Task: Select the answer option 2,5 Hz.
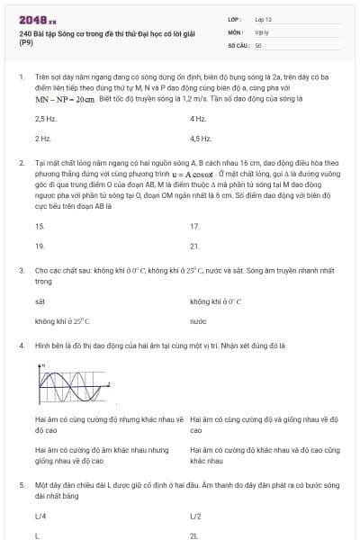45,119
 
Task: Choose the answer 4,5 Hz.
201,139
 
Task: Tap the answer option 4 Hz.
198,119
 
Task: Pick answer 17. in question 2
195,226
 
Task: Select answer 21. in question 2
195,246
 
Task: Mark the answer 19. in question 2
40,246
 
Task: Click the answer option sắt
40,301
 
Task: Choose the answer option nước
199,320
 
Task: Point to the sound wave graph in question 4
73,382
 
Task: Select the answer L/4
40,517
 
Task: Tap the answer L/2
196,517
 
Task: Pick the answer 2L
194,535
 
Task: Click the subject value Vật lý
263,31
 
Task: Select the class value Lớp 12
265,18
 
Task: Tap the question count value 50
258,44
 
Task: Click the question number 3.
21,269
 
